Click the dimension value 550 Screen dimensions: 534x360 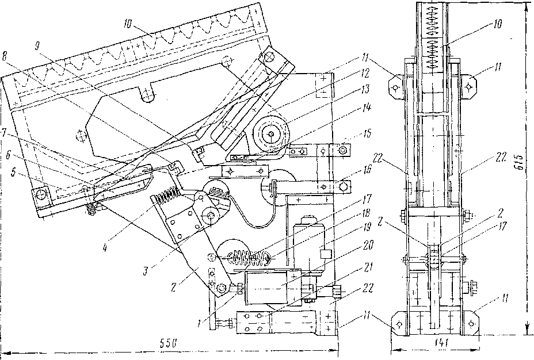(x=169, y=343)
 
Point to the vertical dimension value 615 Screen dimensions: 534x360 (x=520, y=159)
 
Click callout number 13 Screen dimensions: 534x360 (x=365, y=90)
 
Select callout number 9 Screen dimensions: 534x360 (x=38, y=45)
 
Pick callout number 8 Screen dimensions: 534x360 (x=5, y=56)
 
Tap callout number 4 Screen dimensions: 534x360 (x=105, y=248)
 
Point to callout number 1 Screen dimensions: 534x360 (x=200, y=323)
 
